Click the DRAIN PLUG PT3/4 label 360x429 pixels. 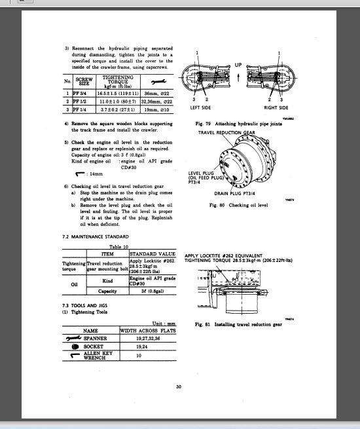click(236, 193)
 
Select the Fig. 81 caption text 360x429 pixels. click(238, 324)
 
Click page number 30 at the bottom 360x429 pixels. click(179, 386)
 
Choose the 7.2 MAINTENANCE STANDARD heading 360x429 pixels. click(91, 236)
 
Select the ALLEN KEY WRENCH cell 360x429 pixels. click(99, 356)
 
